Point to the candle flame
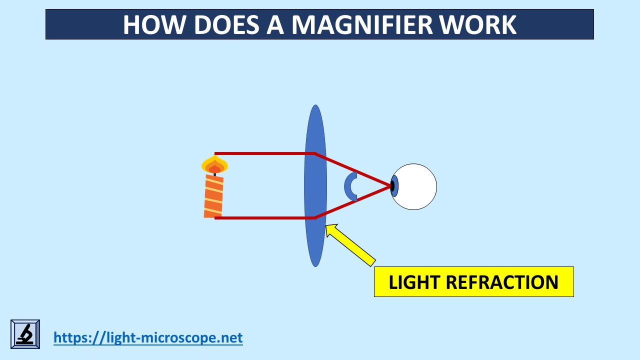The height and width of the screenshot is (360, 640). pos(214,165)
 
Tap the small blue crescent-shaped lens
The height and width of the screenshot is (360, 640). pos(349,186)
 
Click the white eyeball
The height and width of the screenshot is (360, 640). pos(417,186)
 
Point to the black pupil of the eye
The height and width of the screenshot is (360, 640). pos(392,186)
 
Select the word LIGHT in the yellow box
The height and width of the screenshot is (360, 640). pos(414,282)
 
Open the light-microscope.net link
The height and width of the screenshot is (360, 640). pos(148,337)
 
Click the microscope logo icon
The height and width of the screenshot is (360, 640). pos(25,334)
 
